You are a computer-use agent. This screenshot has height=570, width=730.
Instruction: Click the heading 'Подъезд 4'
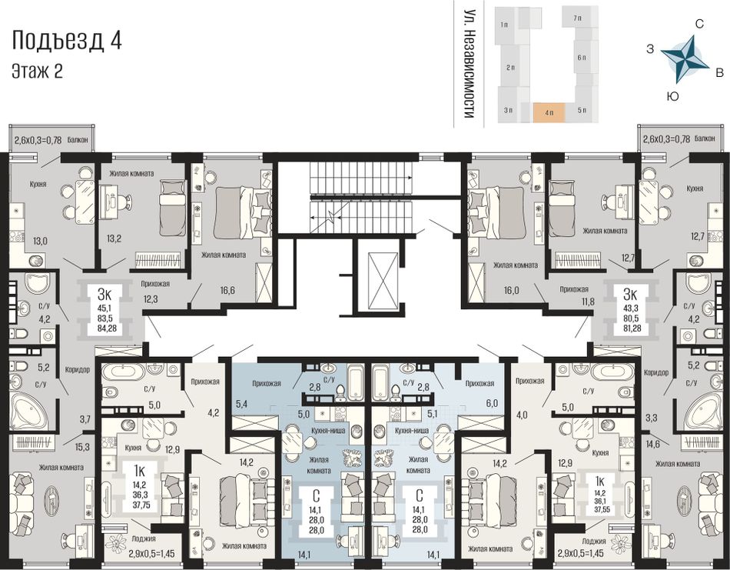(x=67, y=40)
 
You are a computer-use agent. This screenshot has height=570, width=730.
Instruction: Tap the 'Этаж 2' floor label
(x=37, y=72)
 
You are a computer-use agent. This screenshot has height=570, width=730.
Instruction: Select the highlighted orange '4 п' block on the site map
(x=549, y=113)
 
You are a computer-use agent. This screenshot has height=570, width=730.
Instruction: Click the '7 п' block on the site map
(x=578, y=18)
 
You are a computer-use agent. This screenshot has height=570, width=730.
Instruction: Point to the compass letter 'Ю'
(x=672, y=96)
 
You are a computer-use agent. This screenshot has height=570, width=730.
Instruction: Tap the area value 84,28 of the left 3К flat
(x=106, y=328)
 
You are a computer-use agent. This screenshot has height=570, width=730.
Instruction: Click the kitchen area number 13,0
(x=39, y=241)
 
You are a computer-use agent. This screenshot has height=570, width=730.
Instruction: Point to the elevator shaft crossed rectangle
(x=382, y=281)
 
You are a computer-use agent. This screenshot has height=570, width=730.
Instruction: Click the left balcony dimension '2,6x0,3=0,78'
(x=38, y=139)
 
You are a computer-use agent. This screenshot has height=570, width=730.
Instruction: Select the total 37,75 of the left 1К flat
(x=142, y=505)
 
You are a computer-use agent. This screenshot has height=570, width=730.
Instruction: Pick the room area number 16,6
(x=227, y=290)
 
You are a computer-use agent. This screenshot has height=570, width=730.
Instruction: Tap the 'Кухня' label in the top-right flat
(x=695, y=188)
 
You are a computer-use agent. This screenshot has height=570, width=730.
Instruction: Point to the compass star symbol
(x=685, y=58)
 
